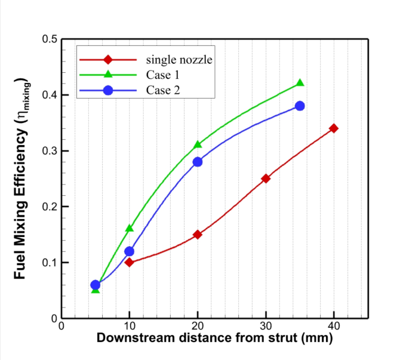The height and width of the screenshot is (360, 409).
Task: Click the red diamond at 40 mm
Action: pyautogui.click(x=334, y=128)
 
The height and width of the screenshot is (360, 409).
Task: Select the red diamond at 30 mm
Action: pyautogui.click(x=266, y=179)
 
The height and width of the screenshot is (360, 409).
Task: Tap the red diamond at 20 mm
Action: pyautogui.click(x=198, y=234)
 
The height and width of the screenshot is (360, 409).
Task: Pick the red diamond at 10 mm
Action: pyautogui.click(x=129, y=262)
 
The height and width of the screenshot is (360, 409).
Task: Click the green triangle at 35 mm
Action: pyautogui.click(x=300, y=83)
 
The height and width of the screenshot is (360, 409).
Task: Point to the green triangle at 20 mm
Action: pyautogui.click(x=198, y=144)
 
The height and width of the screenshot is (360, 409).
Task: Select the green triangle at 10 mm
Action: pyautogui.click(x=129, y=228)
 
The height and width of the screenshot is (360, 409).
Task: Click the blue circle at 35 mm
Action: pyautogui.click(x=300, y=106)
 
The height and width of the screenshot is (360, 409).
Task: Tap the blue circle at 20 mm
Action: pyautogui.click(x=198, y=162)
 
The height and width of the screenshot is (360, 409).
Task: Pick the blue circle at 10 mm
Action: pyautogui.click(x=129, y=251)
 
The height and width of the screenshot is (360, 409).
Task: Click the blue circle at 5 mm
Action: pyautogui.click(x=95, y=285)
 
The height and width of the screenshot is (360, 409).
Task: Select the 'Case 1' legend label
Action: pyautogui.click(x=162, y=75)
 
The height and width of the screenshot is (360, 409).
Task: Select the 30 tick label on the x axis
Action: pyautogui.click(x=266, y=327)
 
